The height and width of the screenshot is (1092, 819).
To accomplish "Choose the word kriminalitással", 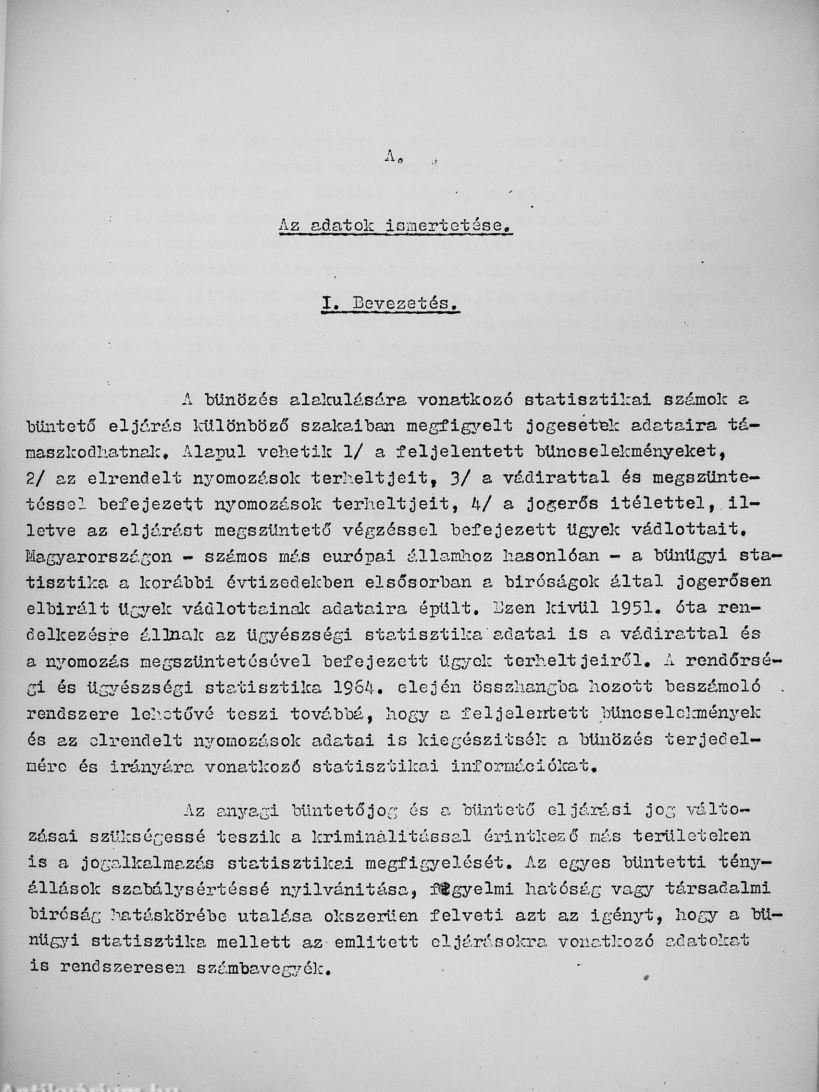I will tap(398, 836).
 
